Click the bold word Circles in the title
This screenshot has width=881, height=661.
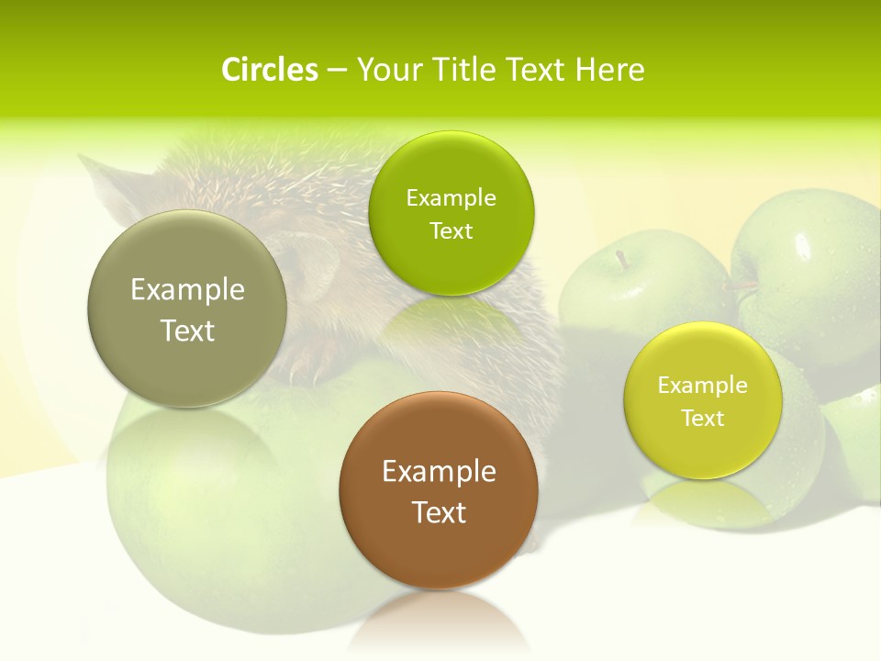[270, 70]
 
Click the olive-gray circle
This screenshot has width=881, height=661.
[187, 308]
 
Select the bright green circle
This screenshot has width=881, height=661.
[451, 213]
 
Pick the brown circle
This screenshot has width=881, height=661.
[439, 490]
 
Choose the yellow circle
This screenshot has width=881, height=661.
[703, 400]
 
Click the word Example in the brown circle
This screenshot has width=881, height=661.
[439, 472]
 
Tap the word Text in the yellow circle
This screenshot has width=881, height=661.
[703, 419]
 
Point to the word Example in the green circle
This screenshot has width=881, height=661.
[451, 198]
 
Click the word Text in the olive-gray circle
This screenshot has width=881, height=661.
[187, 330]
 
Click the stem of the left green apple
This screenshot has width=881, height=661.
[624, 260]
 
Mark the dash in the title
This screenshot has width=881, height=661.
[337, 70]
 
